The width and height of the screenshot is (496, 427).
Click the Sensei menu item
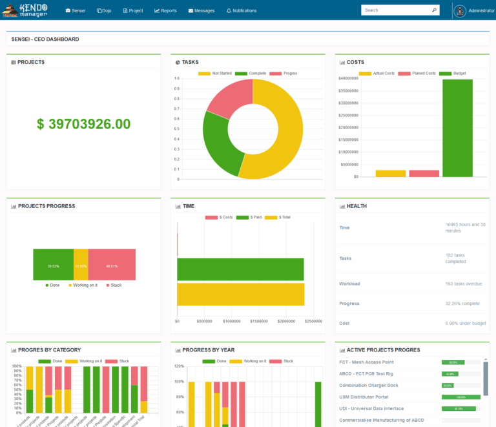tap(76, 10)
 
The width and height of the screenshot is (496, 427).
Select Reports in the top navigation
tap(165, 10)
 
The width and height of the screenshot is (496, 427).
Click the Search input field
tap(395, 10)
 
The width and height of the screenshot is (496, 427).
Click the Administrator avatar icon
tap(459, 11)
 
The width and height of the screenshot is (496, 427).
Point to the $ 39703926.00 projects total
tap(83, 124)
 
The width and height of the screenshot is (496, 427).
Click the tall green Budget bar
tap(457, 128)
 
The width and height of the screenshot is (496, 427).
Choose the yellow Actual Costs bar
tap(390, 173)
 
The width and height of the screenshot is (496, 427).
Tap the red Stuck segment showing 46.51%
tap(112, 265)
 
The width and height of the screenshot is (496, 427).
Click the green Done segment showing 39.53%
tap(53, 265)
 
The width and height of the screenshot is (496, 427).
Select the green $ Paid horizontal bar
tap(240, 269)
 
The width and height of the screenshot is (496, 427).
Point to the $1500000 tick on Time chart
tap(259, 321)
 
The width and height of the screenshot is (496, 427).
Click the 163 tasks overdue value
tap(464, 284)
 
